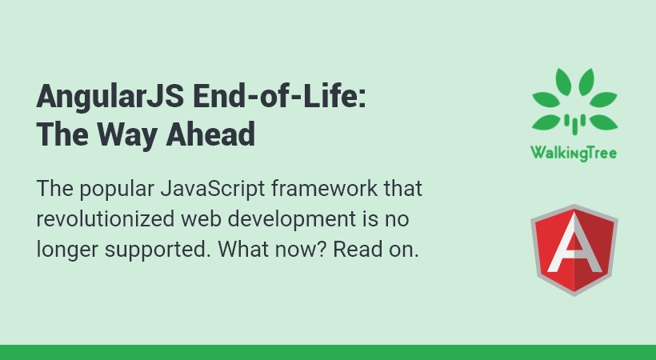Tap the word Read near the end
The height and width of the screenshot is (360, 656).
[354, 249]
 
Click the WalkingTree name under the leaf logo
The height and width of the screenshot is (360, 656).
[574, 152]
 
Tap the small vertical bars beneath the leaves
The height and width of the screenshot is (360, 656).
[574, 122]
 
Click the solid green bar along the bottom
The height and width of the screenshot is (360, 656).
[328, 352]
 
